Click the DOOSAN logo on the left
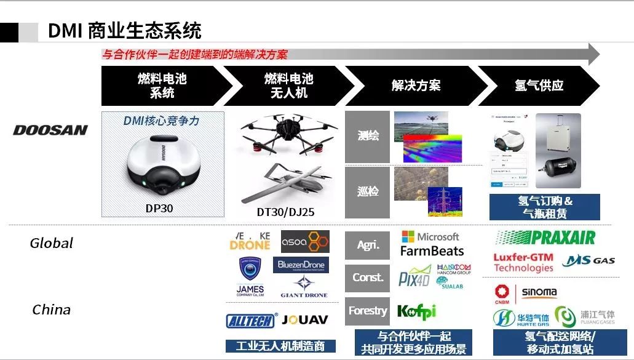pos(50,130)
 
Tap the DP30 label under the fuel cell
pos(159,208)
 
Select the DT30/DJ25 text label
pos(285,212)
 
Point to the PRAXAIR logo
pos(545,238)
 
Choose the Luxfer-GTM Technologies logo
pos(523,262)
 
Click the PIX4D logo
pos(414,277)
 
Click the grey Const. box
pos(368,278)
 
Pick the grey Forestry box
pos(368,311)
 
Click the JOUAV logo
pos(306,320)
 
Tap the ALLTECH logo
pos(252,320)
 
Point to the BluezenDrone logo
pos(301,265)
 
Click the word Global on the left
pos(52,243)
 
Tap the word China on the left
pos(52,310)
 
